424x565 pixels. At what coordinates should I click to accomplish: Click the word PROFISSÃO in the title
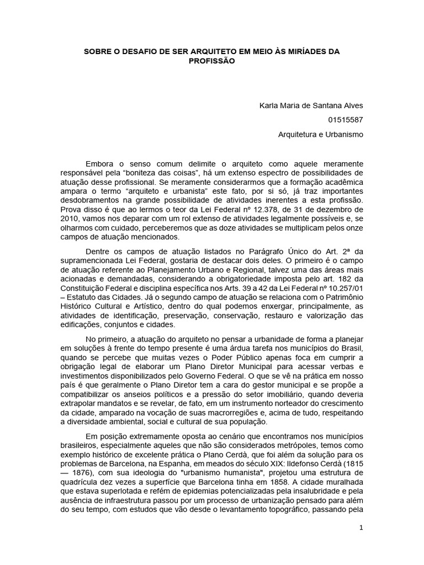(x=212, y=61)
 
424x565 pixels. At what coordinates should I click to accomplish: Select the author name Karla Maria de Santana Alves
(x=311, y=105)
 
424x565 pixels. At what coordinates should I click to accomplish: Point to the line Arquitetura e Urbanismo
(x=320, y=134)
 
